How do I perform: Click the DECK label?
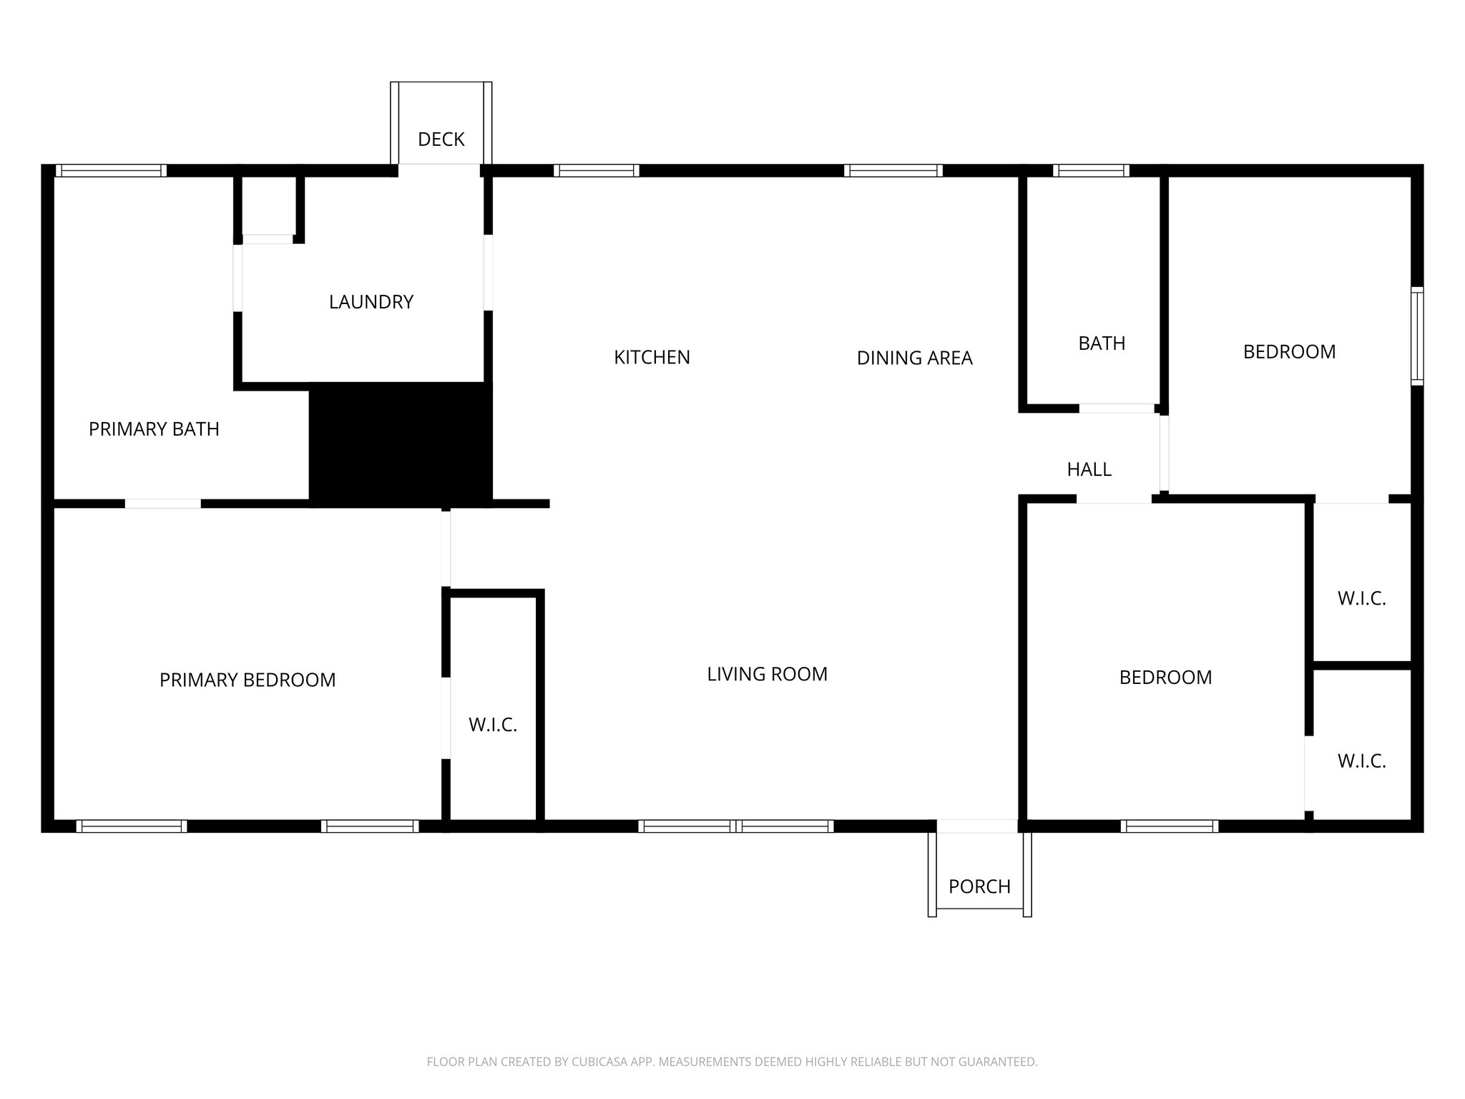coord(441,140)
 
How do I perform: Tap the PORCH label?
coord(979,886)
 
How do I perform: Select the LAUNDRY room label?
coord(371,302)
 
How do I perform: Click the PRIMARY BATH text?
coord(154,429)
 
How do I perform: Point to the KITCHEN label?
coord(652,357)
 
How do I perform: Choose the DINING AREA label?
coord(914,358)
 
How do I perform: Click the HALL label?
coord(1089,469)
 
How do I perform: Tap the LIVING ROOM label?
coord(767,674)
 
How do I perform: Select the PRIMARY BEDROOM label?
coord(248,680)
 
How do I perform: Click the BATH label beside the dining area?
coord(1102,343)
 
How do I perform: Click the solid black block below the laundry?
coord(401,444)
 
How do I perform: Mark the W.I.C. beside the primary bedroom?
coord(492,725)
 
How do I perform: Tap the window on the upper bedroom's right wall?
coord(1416,336)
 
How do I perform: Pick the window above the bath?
coord(1090,170)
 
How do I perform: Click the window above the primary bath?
coord(111,170)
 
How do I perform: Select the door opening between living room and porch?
coord(976,826)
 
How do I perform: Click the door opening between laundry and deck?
coord(439,170)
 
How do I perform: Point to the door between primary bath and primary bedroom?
coord(163,504)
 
